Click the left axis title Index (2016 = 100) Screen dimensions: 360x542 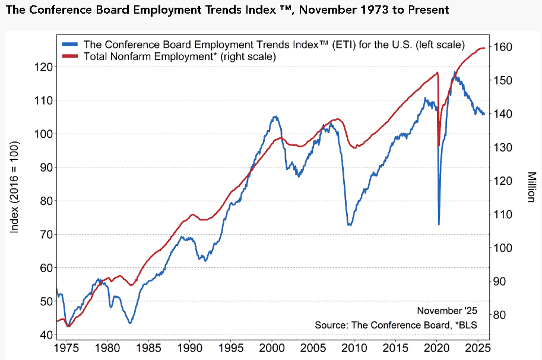click(x=15, y=187)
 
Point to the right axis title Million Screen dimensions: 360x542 click(x=531, y=187)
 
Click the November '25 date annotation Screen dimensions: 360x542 click(x=446, y=311)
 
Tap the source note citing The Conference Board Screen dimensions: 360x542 click(x=396, y=325)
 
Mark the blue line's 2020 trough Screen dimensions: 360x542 click(x=439, y=224)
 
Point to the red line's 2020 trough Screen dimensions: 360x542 click(x=439, y=145)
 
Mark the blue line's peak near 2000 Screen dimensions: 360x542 click(x=275, y=116)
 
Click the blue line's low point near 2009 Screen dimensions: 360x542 click(x=350, y=225)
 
